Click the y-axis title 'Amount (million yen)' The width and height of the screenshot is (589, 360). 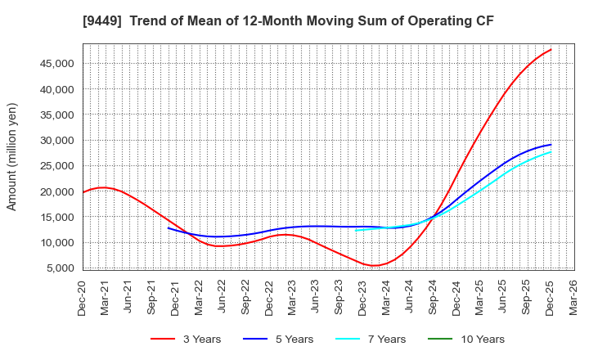(12, 156)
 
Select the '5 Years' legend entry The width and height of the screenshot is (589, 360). (287, 339)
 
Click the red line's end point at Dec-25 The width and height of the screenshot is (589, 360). (551, 49)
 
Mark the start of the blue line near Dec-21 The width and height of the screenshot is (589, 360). (169, 227)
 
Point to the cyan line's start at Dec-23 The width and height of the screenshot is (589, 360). (356, 230)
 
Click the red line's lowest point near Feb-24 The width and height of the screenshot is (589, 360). (374, 265)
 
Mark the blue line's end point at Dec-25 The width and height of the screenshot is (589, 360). (551, 145)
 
